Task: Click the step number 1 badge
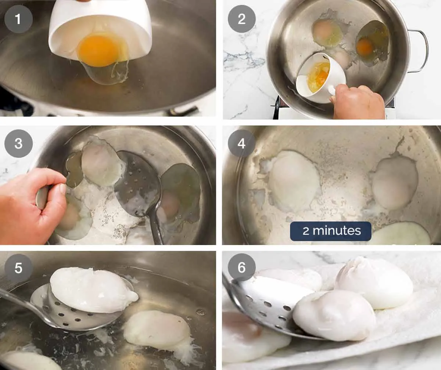tap(18, 19)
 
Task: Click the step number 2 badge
tap(241, 19)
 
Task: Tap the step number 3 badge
tap(18, 144)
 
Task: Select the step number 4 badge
tap(241, 144)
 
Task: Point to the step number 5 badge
tap(18, 268)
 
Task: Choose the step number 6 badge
tap(241, 268)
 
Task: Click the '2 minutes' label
tap(331, 231)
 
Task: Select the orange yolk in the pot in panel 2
tap(365, 47)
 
